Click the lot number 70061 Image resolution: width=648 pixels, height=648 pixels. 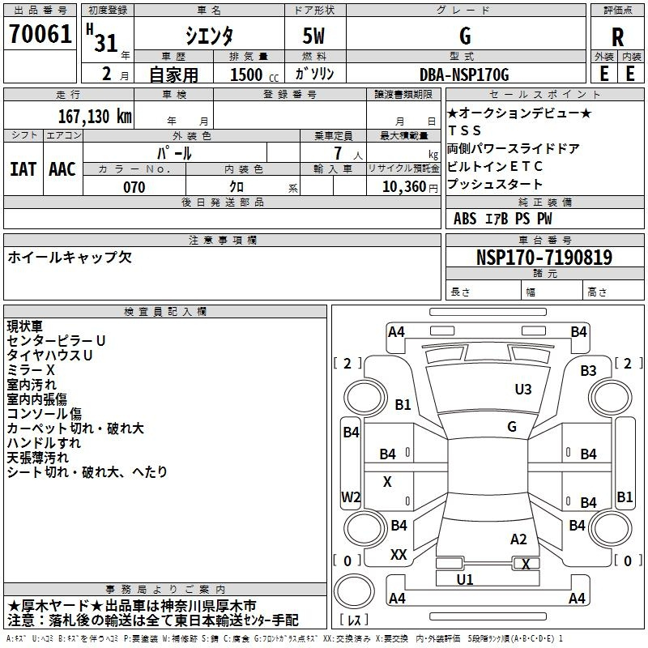[x=40, y=35]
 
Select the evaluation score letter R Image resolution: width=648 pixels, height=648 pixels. [x=617, y=36]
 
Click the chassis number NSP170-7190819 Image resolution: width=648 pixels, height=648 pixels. [x=544, y=258]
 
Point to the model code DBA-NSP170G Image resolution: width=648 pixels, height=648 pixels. [x=464, y=75]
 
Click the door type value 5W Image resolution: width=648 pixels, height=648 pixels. [x=316, y=36]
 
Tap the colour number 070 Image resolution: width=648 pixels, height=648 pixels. [x=134, y=187]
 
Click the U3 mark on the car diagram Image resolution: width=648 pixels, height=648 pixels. [x=523, y=390]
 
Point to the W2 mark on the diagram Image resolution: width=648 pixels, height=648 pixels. [x=351, y=497]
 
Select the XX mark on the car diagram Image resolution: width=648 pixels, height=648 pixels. [x=399, y=554]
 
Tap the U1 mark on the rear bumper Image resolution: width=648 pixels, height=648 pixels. [x=465, y=579]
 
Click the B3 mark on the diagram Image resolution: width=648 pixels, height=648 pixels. [x=588, y=371]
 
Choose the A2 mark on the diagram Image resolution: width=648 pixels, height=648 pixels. [x=518, y=539]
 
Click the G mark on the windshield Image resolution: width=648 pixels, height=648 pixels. [x=511, y=427]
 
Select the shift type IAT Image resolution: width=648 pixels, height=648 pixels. [x=23, y=169]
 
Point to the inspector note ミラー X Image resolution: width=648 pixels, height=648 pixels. [x=32, y=369]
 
